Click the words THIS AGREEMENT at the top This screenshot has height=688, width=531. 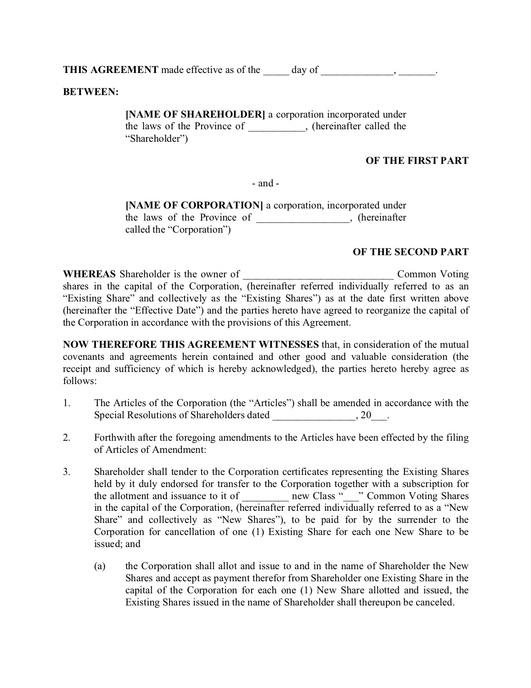110,70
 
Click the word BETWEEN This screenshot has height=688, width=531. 91,92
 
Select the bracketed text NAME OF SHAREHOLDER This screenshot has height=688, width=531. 195,114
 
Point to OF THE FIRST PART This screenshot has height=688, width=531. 417,161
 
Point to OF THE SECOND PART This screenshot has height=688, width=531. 410,252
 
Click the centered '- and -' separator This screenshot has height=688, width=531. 265,183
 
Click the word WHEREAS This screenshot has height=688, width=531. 89,274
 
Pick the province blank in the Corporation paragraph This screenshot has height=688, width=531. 303,218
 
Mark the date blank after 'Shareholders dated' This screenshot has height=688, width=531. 313,417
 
